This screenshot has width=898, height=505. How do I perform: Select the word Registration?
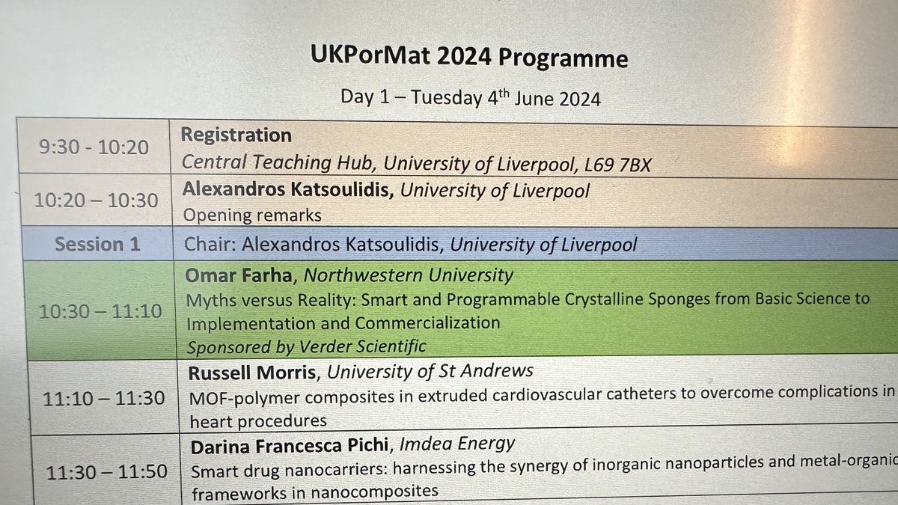236,135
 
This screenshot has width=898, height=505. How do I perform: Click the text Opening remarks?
252,215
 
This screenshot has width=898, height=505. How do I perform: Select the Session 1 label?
98,244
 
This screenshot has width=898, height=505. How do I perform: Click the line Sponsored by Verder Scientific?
306,347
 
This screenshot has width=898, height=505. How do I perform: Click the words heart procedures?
258,420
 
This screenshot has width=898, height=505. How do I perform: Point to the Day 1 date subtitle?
470,97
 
